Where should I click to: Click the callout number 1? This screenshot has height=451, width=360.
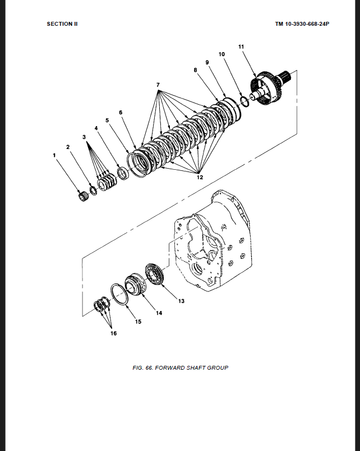tap(54, 155)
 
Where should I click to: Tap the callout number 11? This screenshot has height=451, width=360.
tap(241, 47)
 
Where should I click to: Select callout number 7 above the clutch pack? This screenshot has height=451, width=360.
tap(158, 85)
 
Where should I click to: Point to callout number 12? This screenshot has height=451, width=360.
tap(200, 177)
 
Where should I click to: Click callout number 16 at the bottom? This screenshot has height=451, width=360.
tap(113, 333)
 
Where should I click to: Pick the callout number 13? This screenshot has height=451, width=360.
tap(181, 301)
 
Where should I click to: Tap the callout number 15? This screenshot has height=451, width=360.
tap(138, 322)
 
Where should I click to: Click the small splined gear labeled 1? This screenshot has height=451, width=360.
tap(83, 196)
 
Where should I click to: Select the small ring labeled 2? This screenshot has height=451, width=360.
tap(93, 190)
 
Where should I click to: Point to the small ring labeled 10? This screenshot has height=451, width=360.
tap(244, 101)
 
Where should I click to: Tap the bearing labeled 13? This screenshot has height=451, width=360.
tap(154, 275)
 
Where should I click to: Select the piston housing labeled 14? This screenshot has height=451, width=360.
tap(136, 285)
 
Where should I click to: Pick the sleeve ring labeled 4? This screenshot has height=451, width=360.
tap(123, 174)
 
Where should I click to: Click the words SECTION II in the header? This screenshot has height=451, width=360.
tap(62, 24)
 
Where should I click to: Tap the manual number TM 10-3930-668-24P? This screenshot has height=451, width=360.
tap(302, 24)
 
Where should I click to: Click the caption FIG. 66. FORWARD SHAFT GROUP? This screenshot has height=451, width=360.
tap(181, 368)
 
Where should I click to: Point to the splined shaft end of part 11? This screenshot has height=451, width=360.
tap(285, 77)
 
